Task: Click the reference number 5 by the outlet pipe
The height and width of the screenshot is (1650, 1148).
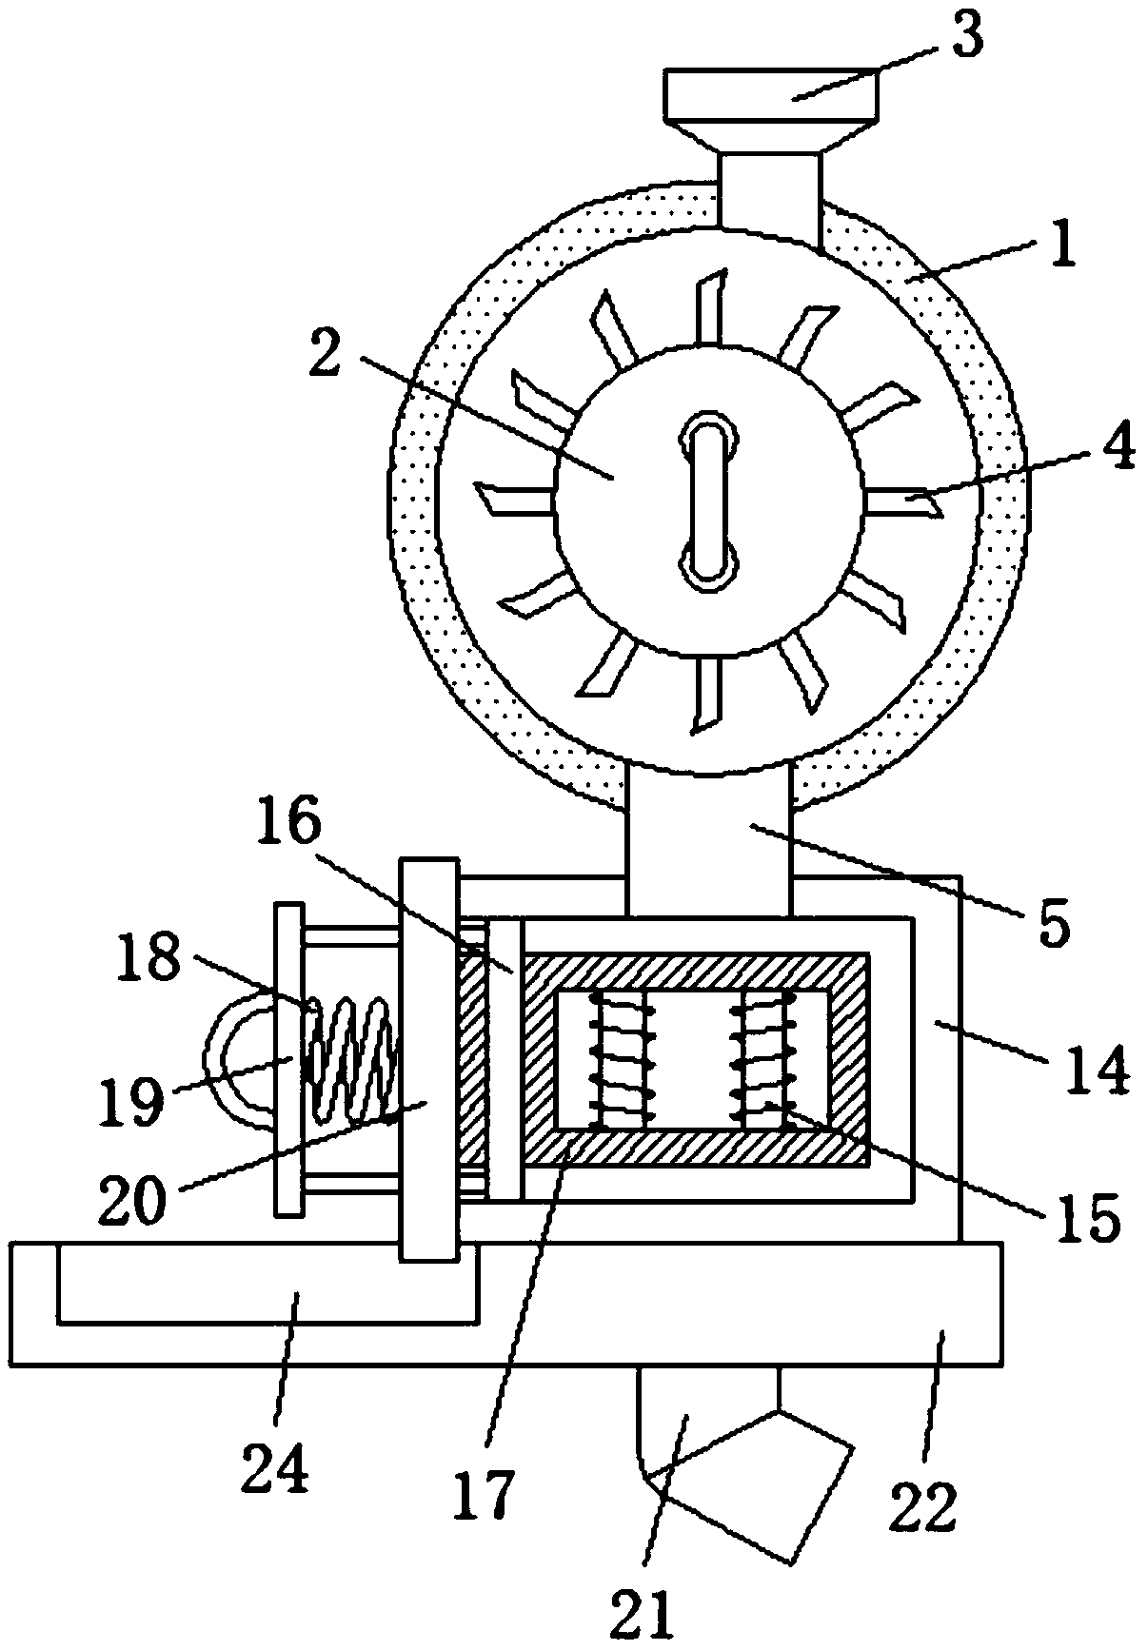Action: pos(1053,920)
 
